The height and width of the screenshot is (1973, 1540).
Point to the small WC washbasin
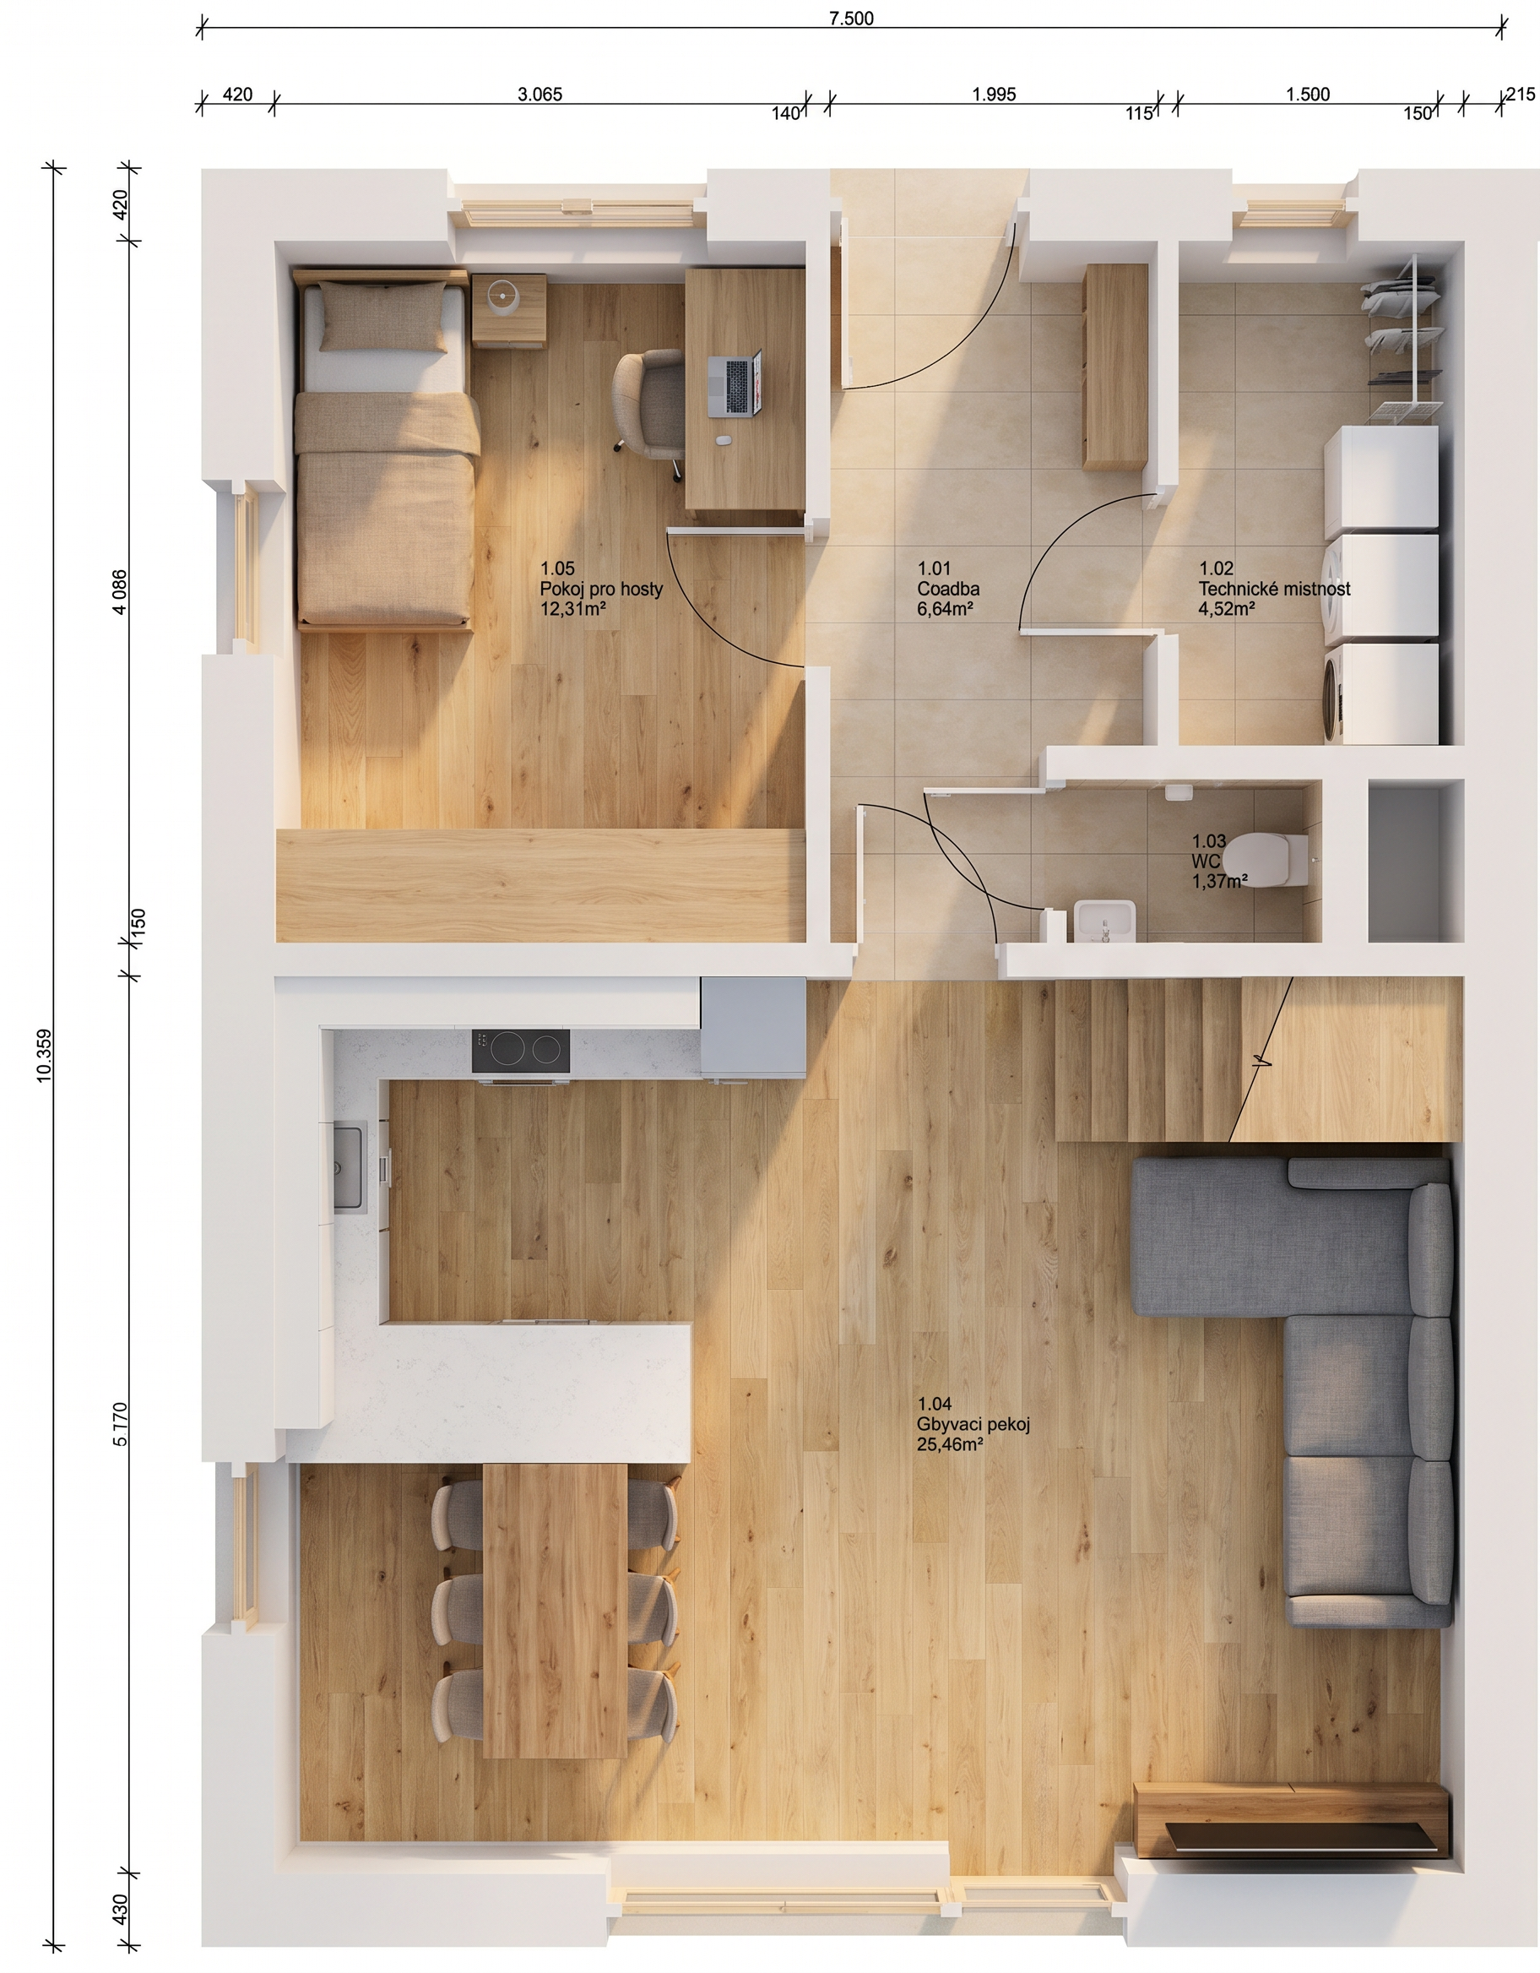1103,921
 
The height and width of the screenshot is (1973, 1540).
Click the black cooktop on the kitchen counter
520,1051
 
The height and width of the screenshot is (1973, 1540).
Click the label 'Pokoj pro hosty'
600,589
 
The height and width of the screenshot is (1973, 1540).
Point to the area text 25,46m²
950,1443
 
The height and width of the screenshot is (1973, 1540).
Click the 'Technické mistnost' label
1274,589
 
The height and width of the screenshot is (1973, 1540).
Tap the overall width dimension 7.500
852,18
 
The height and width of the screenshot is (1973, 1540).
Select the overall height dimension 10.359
44,1055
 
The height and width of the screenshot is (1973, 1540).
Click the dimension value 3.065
540,94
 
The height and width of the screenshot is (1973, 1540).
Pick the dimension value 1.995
995,94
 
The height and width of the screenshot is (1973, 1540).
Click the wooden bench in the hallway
1116,367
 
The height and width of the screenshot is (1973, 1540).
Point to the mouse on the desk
723,441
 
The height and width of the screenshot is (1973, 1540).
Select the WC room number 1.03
1208,841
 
